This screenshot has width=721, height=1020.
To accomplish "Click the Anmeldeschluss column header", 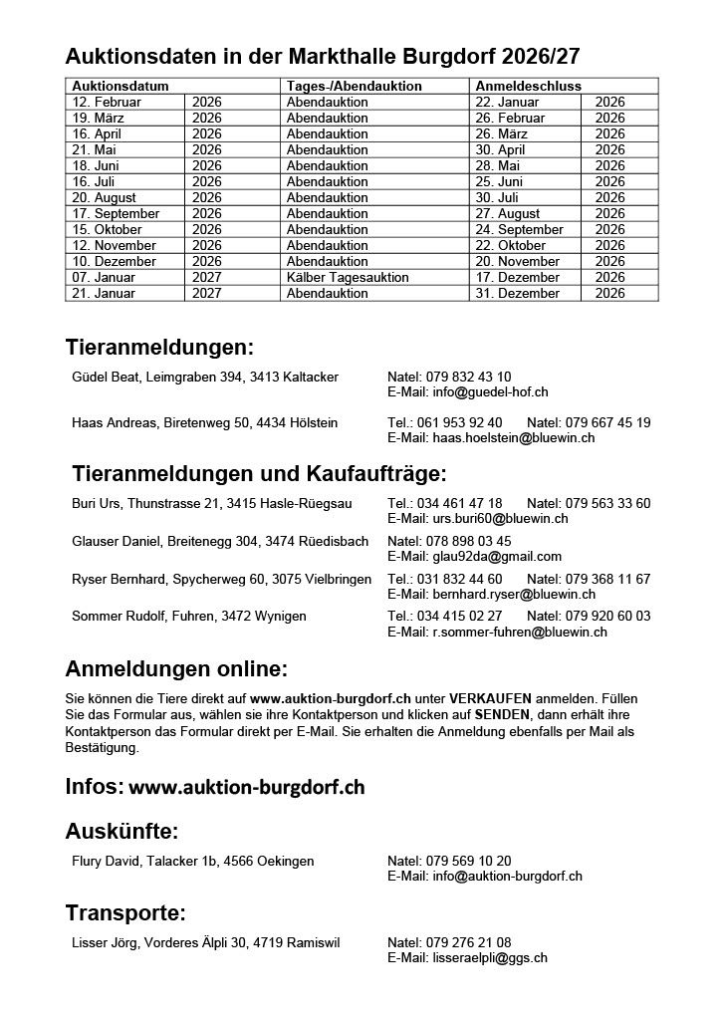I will click(528, 87).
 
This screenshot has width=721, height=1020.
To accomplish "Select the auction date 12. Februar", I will click(107, 102).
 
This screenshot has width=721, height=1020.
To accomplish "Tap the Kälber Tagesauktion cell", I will click(342, 277).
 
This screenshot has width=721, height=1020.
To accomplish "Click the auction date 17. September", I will click(116, 213).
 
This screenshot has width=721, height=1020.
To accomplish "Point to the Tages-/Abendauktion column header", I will click(354, 87).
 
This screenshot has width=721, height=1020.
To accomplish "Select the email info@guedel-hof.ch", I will click(468, 392).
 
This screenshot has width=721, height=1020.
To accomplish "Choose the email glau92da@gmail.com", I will click(474, 556).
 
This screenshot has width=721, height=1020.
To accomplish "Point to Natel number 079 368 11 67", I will click(589, 579).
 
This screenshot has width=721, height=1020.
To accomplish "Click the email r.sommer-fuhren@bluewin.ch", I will click(497, 632).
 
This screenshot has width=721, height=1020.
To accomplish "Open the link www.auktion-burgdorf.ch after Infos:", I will click(247, 787).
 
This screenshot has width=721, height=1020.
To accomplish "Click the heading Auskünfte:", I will click(121, 832).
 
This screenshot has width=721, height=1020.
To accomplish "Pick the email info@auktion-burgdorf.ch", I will click(485, 876).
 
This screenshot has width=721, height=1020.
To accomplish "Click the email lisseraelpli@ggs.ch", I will click(467, 957).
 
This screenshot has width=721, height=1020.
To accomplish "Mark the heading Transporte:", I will click(125, 912).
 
